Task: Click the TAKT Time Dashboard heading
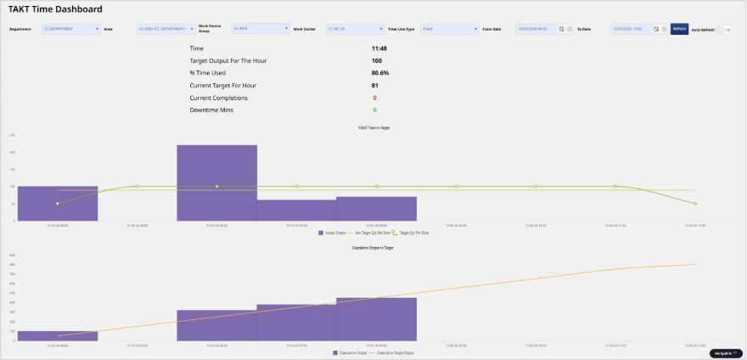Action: pyautogui.click(x=55, y=9)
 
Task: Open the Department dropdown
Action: pyautogui.click(x=71, y=29)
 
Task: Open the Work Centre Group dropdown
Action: pyautogui.click(x=261, y=29)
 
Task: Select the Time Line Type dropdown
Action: pyautogui.click(x=450, y=29)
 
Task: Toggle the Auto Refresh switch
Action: pyautogui.click(x=724, y=29)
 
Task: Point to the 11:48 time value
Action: pyautogui.click(x=379, y=48)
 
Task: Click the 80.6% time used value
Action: pyautogui.click(x=379, y=73)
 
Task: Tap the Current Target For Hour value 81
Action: pyautogui.click(x=375, y=86)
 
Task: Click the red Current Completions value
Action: pyautogui.click(x=374, y=98)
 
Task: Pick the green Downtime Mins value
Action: pyautogui.click(x=374, y=110)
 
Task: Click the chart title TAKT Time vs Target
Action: pyautogui.click(x=373, y=127)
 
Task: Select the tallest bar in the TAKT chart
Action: pyautogui.click(x=216, y=183)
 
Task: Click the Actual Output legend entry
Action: pyautogui.click(x=333, y=232)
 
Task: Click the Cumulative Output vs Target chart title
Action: pyautogui.click(x=373, y=247)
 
